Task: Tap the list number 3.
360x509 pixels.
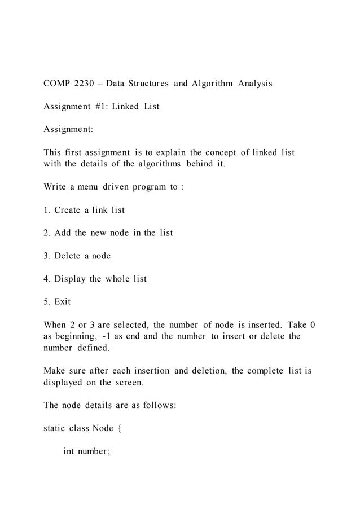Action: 46,256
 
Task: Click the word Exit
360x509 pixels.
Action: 63,302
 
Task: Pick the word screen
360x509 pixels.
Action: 124,382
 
